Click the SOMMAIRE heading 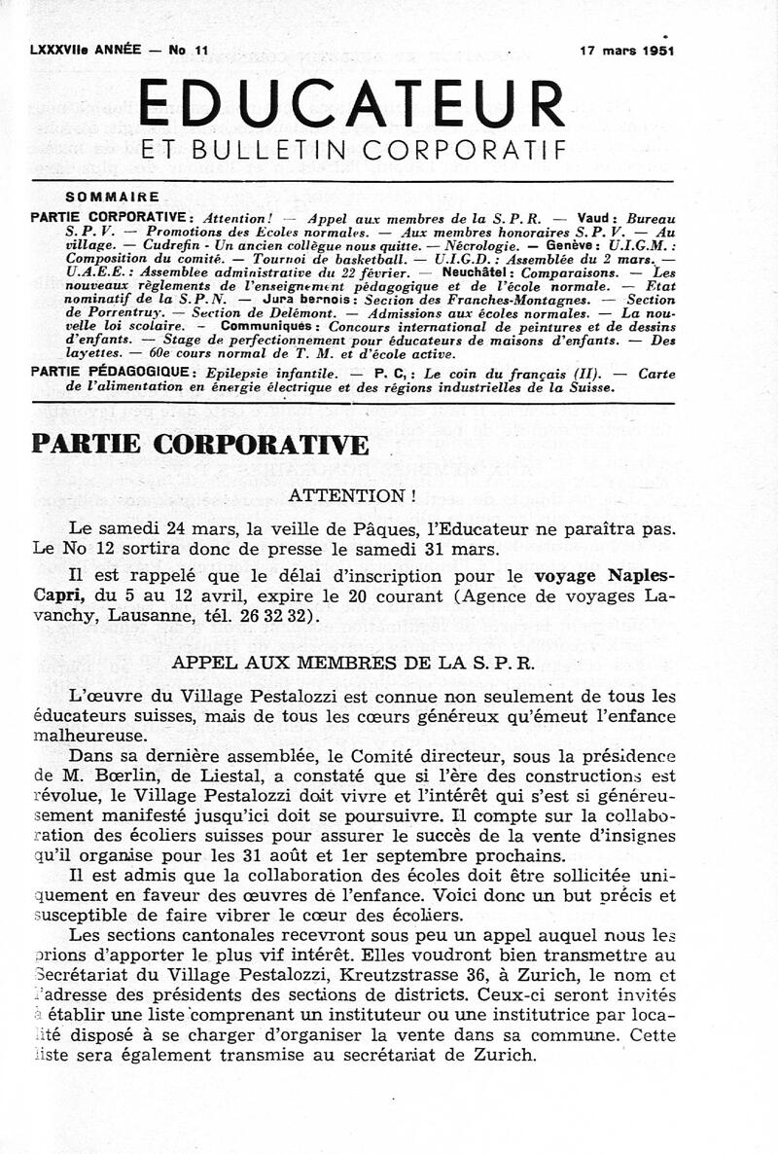click(112, 197)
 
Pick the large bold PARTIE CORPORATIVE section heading click(200, 444)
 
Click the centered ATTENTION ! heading click(352, 495)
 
